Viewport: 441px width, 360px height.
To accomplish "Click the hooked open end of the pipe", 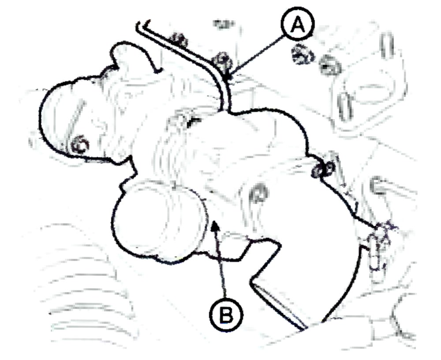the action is tap(143, 25).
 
